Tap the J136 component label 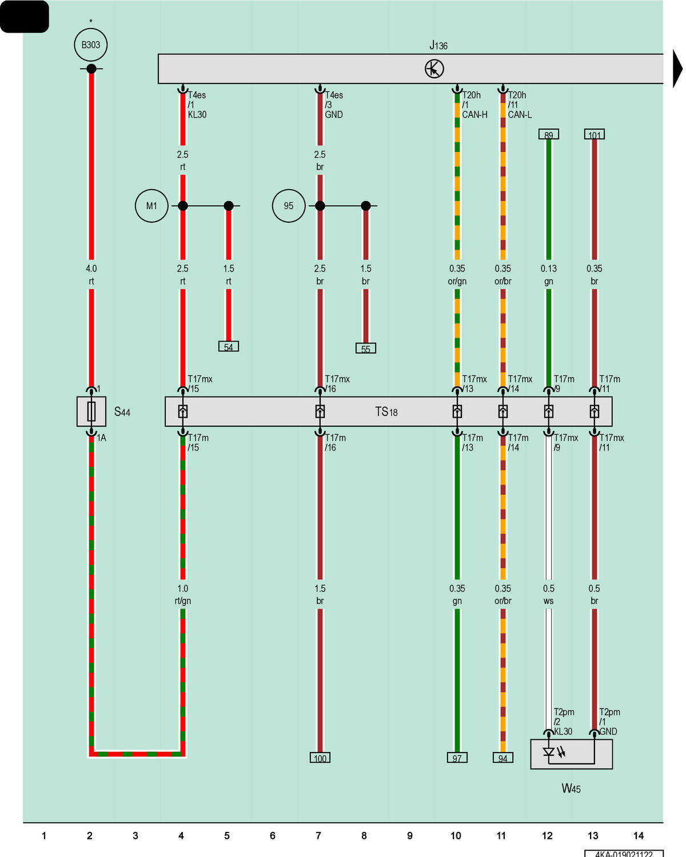[x=438, y=45]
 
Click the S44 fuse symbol [x=91, y=411]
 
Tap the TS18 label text [x=386, y=412]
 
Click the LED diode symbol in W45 [x=549, y=752]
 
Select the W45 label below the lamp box [x=571, y=788]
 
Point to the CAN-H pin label [x=474, y=115]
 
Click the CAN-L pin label [x=520, y=115]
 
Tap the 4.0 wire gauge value [x=91, y=269]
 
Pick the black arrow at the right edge [x=677, y=69]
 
